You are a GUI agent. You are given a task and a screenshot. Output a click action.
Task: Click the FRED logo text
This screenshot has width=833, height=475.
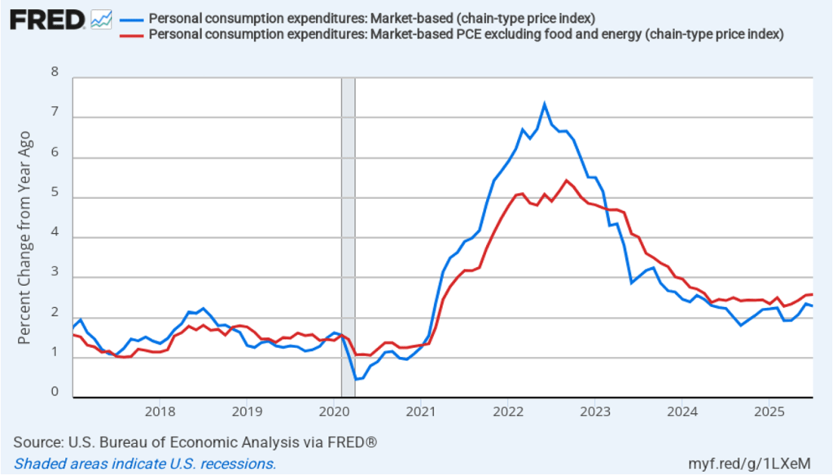tap(46, 19)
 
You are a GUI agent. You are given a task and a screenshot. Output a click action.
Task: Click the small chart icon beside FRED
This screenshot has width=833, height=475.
tap(102, 19)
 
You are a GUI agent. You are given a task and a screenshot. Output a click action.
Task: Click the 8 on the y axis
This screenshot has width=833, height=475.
tap(55, 72)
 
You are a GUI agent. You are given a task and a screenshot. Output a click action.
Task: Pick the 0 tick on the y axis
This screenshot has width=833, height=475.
tap(55, 393)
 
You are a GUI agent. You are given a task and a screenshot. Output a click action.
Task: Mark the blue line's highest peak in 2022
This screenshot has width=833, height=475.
tap(544, 104)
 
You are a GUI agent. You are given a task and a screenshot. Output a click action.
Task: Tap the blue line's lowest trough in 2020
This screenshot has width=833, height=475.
tap(356, 379)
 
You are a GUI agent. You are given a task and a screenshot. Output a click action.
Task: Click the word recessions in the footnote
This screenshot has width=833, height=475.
tap(236, 464)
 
